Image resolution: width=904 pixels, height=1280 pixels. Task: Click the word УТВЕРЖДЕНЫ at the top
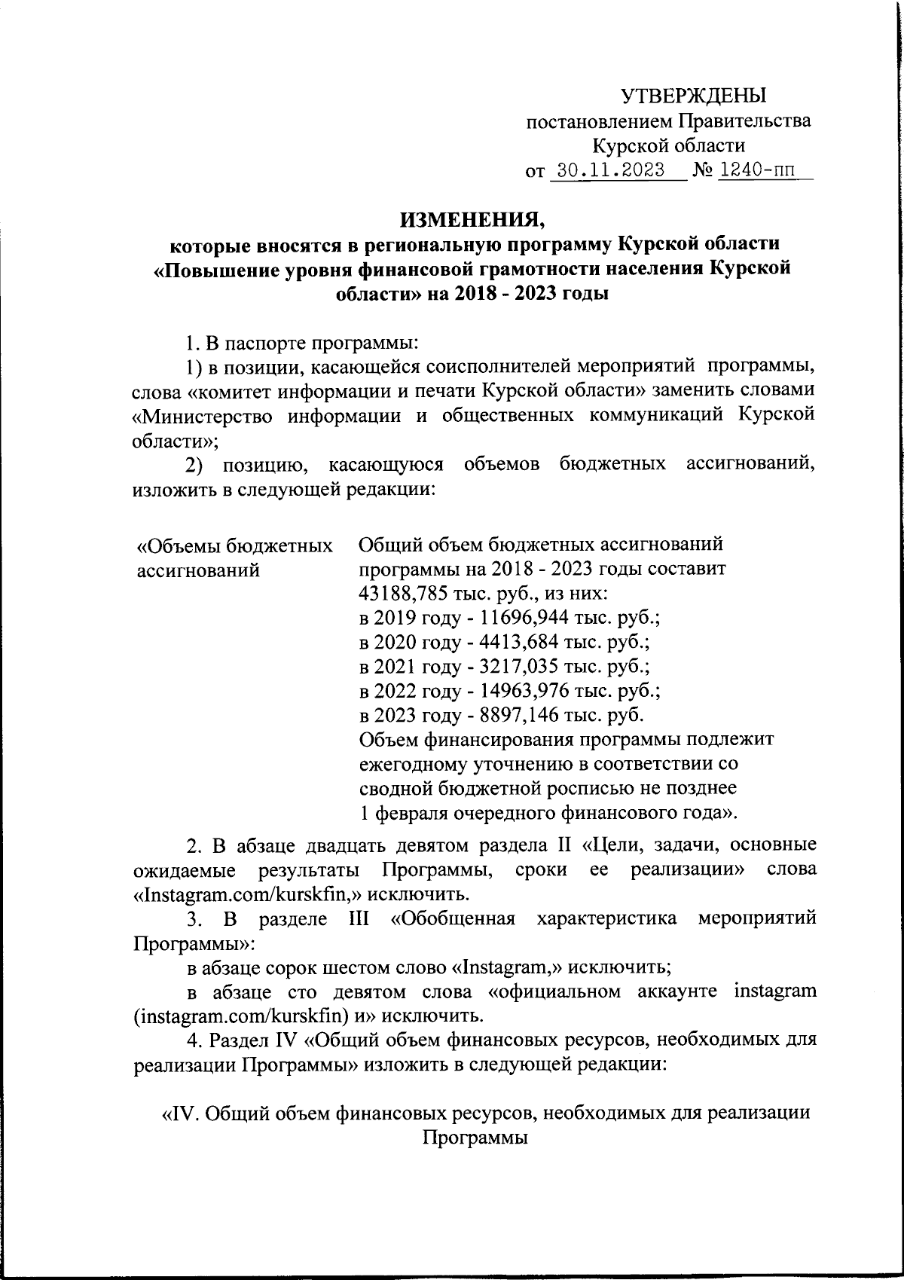point(692,96)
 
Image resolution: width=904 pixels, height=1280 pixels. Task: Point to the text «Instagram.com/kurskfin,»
point(237,894)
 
